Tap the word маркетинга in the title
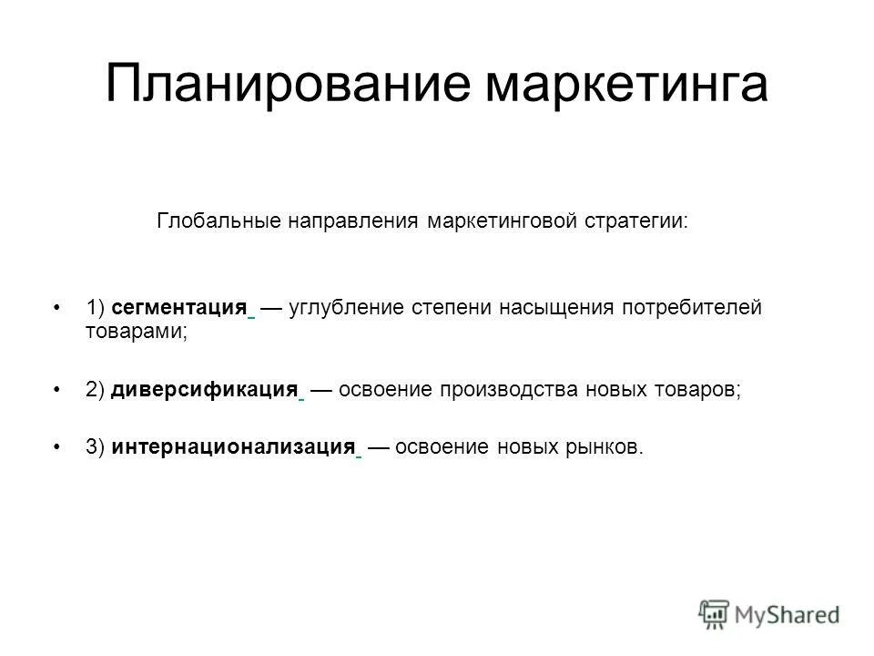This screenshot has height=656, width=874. [628, 84]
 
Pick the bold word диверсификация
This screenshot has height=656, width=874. [206, 390]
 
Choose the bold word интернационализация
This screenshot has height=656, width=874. [233, 446]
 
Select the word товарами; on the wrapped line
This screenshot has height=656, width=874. [137, 332]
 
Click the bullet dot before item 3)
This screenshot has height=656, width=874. [58, 446]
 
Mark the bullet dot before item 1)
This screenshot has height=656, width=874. [58, 308]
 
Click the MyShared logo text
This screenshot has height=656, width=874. [788, 614]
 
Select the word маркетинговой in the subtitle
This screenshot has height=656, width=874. [500, 221]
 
